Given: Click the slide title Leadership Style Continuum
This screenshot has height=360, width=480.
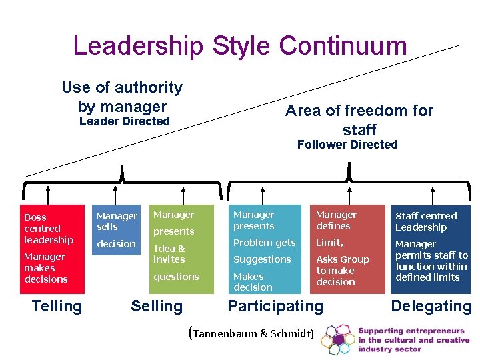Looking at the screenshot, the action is point(239,46).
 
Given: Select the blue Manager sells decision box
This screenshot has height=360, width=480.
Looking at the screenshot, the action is point(117,249).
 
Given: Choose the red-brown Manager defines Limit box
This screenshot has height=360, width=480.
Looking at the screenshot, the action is point(349,249).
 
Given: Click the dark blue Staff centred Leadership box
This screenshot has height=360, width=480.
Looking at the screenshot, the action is point(431,249).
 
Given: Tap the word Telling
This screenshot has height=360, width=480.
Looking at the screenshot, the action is point(57,306).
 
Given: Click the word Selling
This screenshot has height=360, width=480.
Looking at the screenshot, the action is point(156,306).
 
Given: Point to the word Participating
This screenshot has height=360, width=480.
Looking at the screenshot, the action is point(275,306).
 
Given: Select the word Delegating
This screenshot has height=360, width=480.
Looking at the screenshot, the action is point(431,306).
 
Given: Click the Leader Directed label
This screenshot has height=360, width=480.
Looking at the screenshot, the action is point(125,121).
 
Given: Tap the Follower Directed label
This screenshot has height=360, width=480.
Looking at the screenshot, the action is point(347,145).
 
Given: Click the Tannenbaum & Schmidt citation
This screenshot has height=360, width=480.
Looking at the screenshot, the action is point(252,333).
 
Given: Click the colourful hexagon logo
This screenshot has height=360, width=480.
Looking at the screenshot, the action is point(337,339).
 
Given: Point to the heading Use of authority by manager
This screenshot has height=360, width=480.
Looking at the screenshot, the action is point(122,97).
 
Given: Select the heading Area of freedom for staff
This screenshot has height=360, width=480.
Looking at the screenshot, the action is point(359,120).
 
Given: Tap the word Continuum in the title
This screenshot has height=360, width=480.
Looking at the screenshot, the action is point(343,46).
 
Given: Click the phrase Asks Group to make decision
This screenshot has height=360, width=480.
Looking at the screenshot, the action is point(343,271).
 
